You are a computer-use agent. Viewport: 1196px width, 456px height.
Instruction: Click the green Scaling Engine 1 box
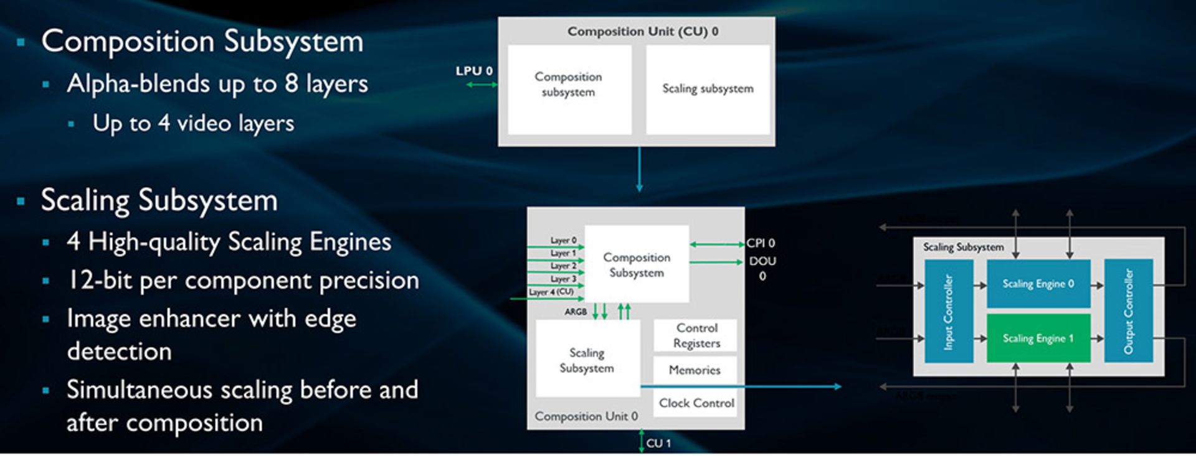click(x=1038, y=338)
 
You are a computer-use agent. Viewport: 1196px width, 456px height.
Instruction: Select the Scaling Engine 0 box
click(x=1038, y=284)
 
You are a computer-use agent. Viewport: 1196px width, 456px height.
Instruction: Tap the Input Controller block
click(x=948, y=311)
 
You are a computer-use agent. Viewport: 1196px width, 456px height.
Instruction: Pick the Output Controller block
click(x=1128, y=311)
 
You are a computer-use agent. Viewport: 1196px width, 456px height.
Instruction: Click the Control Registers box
click(x=696, y=335)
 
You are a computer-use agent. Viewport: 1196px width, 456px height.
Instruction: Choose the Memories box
click(x=695, y=370)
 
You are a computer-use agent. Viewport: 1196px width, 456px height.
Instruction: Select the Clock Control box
click(x=696, y=403)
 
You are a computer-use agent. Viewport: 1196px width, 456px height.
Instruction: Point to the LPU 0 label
click(x=473, y=71)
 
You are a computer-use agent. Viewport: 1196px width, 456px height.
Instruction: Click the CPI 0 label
click(x=761, y=243)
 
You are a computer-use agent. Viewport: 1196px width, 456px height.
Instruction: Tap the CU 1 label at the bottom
click(x=658, y=443)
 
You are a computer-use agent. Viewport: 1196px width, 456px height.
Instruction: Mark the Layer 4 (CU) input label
click(x=551, y=292)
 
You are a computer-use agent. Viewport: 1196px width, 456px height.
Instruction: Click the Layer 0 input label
click(x=563, y=240)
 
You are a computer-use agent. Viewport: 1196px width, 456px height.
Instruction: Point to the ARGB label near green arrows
click(x=576, y=312)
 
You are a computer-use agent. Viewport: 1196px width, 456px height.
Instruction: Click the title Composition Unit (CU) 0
click(x=642, y=31)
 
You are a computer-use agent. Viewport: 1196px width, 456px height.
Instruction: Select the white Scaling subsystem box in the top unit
click(x=708, y=89)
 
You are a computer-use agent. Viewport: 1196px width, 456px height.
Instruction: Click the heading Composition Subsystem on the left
click(x=202, y=42)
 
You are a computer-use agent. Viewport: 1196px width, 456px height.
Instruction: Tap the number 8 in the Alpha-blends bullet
click(x=291, y=83)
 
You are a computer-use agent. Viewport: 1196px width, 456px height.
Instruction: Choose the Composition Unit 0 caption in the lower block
click(x=586, y=416)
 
